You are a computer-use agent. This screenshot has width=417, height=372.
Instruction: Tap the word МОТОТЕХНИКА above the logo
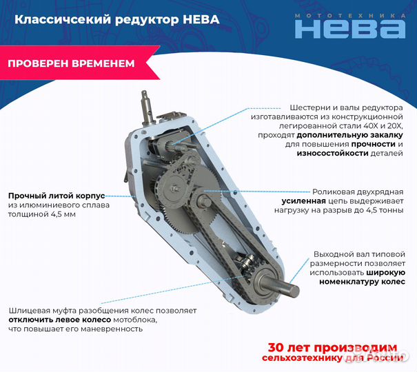(x=349, y=14)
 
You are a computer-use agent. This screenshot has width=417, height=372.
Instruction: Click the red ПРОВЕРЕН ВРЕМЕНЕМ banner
(x=71, y=63)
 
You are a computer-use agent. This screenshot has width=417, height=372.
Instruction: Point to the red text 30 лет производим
(x=332, y=347)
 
